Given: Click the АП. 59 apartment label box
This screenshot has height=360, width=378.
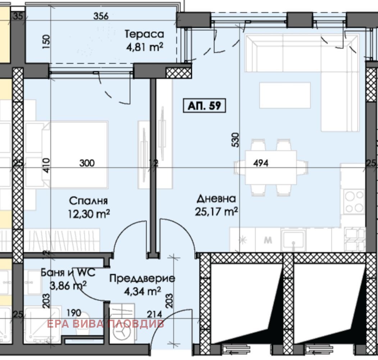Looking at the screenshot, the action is (204, 106).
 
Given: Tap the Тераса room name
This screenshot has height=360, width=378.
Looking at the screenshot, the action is (144, 34).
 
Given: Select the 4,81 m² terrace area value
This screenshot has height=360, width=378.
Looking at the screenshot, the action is (145, 47).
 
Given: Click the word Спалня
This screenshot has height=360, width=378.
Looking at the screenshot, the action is (88, 201).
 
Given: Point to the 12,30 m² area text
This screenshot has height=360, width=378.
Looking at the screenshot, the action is (89, 213).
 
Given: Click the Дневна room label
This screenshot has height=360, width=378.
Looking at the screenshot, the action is (216, 199).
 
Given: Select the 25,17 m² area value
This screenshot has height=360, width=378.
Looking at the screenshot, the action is (216, 212).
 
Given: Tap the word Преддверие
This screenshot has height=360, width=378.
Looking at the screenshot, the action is (142, 278).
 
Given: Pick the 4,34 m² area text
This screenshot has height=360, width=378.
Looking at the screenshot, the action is (142, 291).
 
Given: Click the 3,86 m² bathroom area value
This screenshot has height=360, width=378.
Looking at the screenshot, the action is (68, 286).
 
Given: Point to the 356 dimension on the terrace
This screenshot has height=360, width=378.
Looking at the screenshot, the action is (101, 16).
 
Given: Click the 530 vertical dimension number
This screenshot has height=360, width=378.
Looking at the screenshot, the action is (235, 140).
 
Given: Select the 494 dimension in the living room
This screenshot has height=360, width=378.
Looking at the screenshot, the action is (261, 163).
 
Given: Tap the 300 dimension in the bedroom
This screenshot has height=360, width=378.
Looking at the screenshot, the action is (87, 163).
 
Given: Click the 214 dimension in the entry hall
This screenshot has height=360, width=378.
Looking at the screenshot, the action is (154, 314).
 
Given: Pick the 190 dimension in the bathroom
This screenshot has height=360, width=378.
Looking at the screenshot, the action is (74, 313).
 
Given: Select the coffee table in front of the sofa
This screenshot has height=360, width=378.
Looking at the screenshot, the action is (285, 95).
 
